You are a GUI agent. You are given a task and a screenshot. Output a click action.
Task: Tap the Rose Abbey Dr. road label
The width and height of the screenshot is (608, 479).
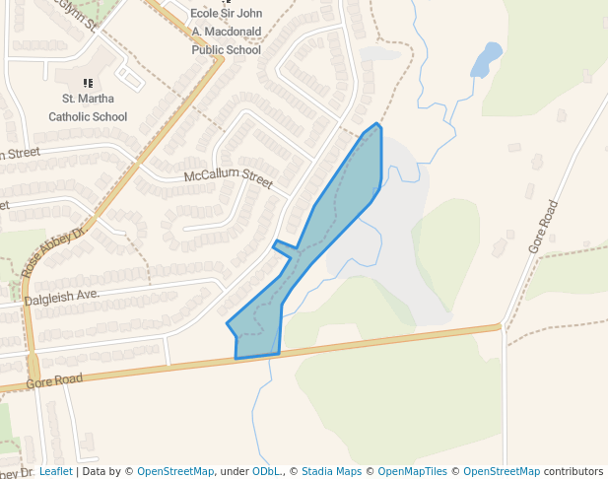(x=55, y=248)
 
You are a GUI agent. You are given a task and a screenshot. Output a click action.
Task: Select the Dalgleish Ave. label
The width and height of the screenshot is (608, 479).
(x=61, y=295)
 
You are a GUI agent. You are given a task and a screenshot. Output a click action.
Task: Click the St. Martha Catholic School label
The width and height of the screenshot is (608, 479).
(x=88, y=107)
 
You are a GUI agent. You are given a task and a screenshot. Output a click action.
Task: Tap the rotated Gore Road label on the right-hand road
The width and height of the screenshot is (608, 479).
(x=543, y=227)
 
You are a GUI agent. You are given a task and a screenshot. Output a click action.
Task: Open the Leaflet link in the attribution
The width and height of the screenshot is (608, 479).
(x=56, y=471)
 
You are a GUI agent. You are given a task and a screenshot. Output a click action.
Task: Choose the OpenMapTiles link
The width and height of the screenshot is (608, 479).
(x=412, y=471)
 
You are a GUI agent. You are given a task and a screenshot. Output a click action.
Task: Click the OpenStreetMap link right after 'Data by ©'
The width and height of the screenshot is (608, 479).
(x=175, y=471)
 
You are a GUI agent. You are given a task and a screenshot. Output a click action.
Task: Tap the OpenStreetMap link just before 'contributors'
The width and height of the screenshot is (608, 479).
(x=502, y=471)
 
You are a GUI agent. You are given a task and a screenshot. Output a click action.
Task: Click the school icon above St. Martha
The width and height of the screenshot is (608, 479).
(x=88, y=84)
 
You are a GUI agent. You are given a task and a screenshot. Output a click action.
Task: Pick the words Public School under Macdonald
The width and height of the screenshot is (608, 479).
(x=227, y=49)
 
